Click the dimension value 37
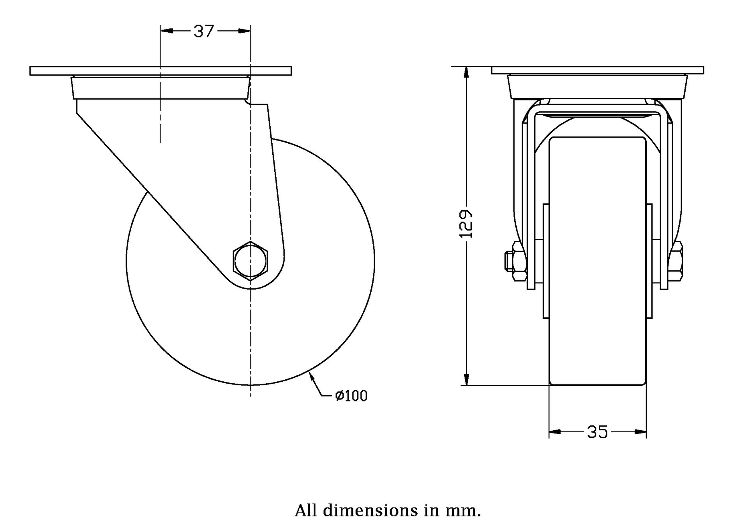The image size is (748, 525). tap(204, 32)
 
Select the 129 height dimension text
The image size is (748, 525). tap(466, 224)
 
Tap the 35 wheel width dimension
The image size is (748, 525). tap(597, 432)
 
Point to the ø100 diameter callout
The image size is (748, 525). tap(351, 396)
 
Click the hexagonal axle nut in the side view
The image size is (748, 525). tap(251, 261)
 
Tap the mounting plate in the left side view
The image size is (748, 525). tap(161, 71)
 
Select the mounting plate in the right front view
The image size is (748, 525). tap(597, 70)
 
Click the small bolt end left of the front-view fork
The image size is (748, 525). tap(508, 261)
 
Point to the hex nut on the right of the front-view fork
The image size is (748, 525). tap(676, 261)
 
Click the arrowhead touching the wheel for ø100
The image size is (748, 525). tap(311, 376)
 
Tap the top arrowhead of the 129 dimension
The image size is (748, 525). tap(466, 72)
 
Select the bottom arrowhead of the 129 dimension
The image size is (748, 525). tap(466, 379)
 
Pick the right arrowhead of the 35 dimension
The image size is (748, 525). tap(640, 432)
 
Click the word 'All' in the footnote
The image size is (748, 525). tap(306, 510)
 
